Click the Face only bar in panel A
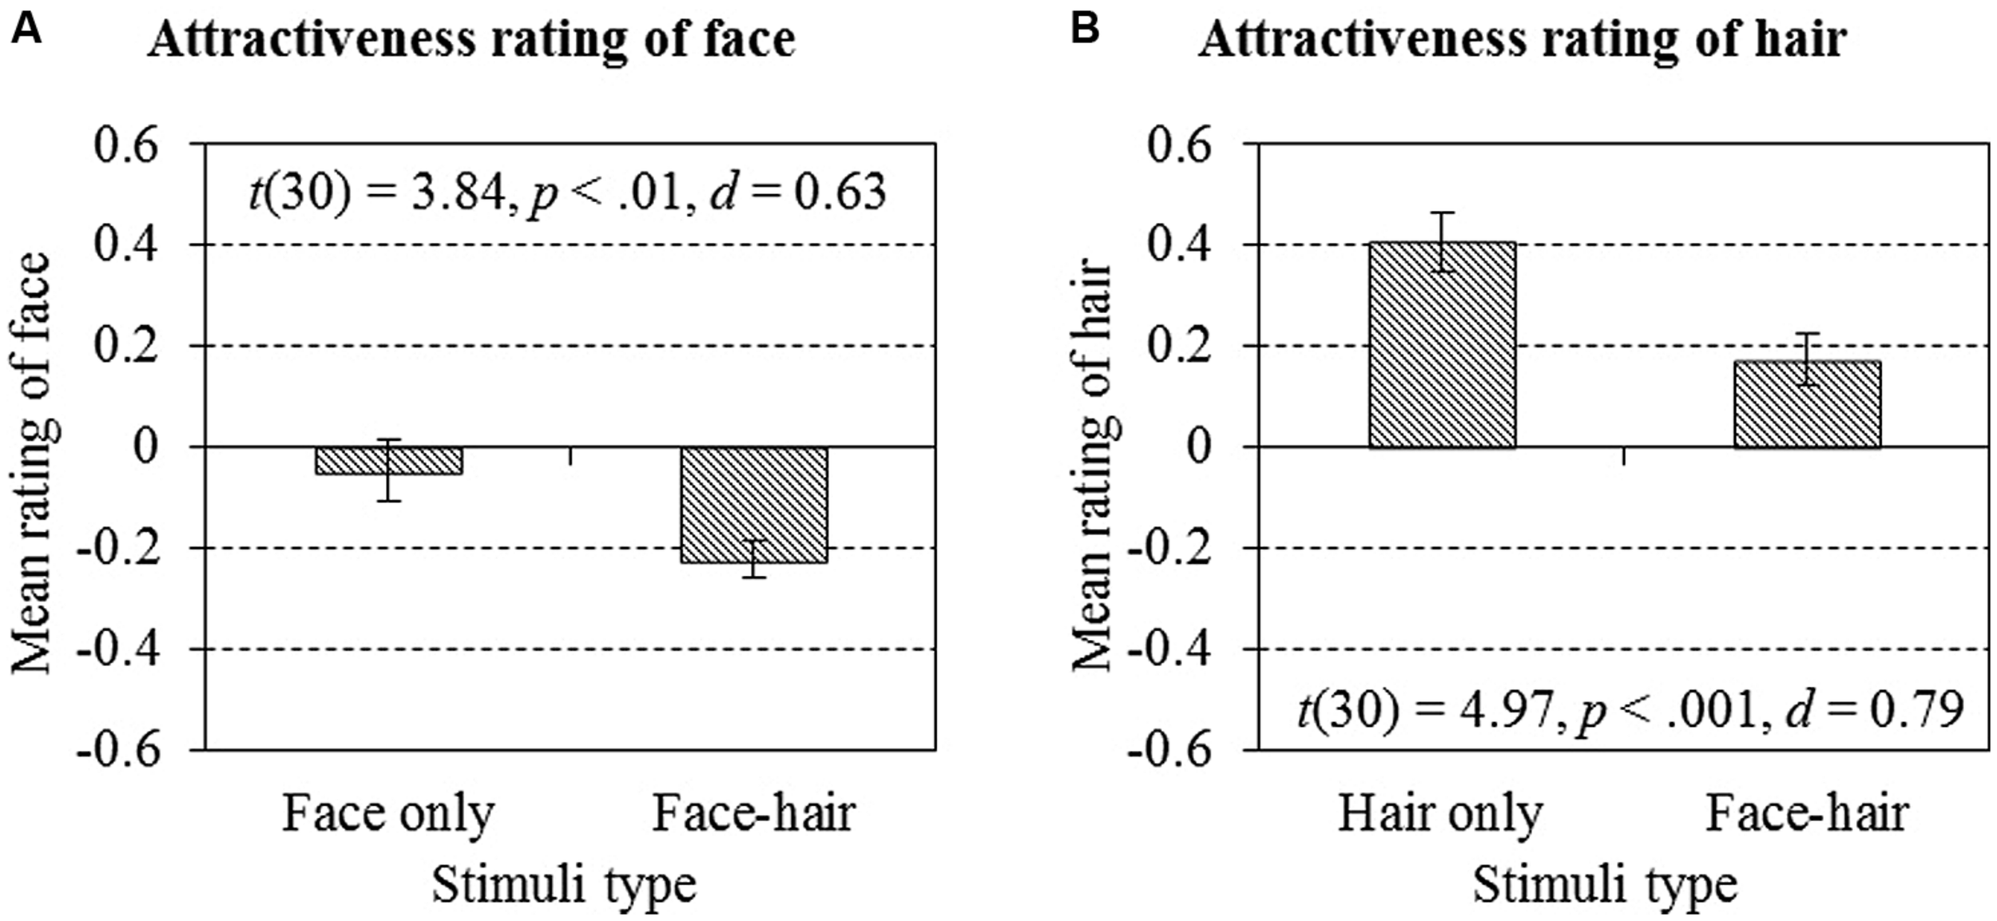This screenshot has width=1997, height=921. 388,461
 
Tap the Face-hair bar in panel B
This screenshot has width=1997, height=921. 1807,404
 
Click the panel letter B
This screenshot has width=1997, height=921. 1084,30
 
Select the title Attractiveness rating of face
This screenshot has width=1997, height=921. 471,40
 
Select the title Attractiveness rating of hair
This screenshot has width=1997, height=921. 1522,40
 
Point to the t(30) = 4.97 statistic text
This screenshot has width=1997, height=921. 1630,709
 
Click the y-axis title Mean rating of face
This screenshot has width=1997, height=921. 32,463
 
